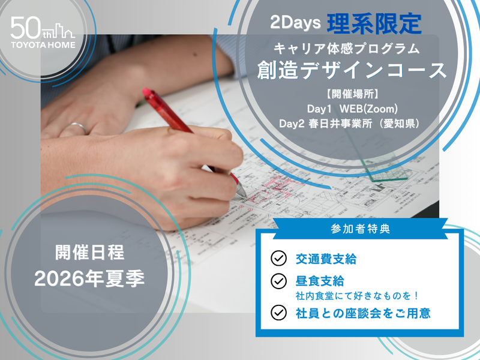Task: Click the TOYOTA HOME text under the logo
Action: [x=43, y=44]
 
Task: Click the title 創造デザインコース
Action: [x=352, y=70]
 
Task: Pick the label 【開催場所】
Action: [x=352, y=94]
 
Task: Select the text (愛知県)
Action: [x=395, y=123]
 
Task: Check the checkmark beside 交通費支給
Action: [x=278, y=259]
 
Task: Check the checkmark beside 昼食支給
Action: [x=278, y=281]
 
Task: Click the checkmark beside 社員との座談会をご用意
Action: [x=278, y=312]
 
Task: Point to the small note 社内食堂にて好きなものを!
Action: [x=356, y=296]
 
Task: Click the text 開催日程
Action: [x=89, y=253]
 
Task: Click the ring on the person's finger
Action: [x=77, y=126]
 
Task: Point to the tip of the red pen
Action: [x=243, y=195]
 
